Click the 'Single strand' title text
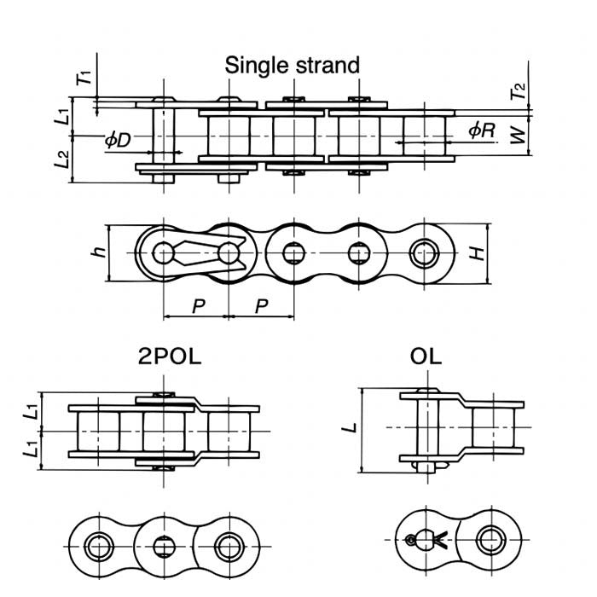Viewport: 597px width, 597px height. click(292, 65)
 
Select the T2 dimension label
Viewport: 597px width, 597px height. click(519, 90)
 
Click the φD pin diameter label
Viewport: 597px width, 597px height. click(118, 140)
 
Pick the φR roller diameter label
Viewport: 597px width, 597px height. click(482, 130)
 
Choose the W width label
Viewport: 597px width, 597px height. click(518, 133)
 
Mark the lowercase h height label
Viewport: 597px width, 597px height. click(99, 252)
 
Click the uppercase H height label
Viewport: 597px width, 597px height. click(478, 253)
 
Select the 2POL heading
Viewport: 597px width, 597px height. click(170, 356)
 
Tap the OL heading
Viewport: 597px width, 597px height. click(426, 356)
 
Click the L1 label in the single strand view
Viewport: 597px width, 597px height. click(62, 116)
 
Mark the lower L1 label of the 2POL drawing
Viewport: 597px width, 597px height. click(32, 454)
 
